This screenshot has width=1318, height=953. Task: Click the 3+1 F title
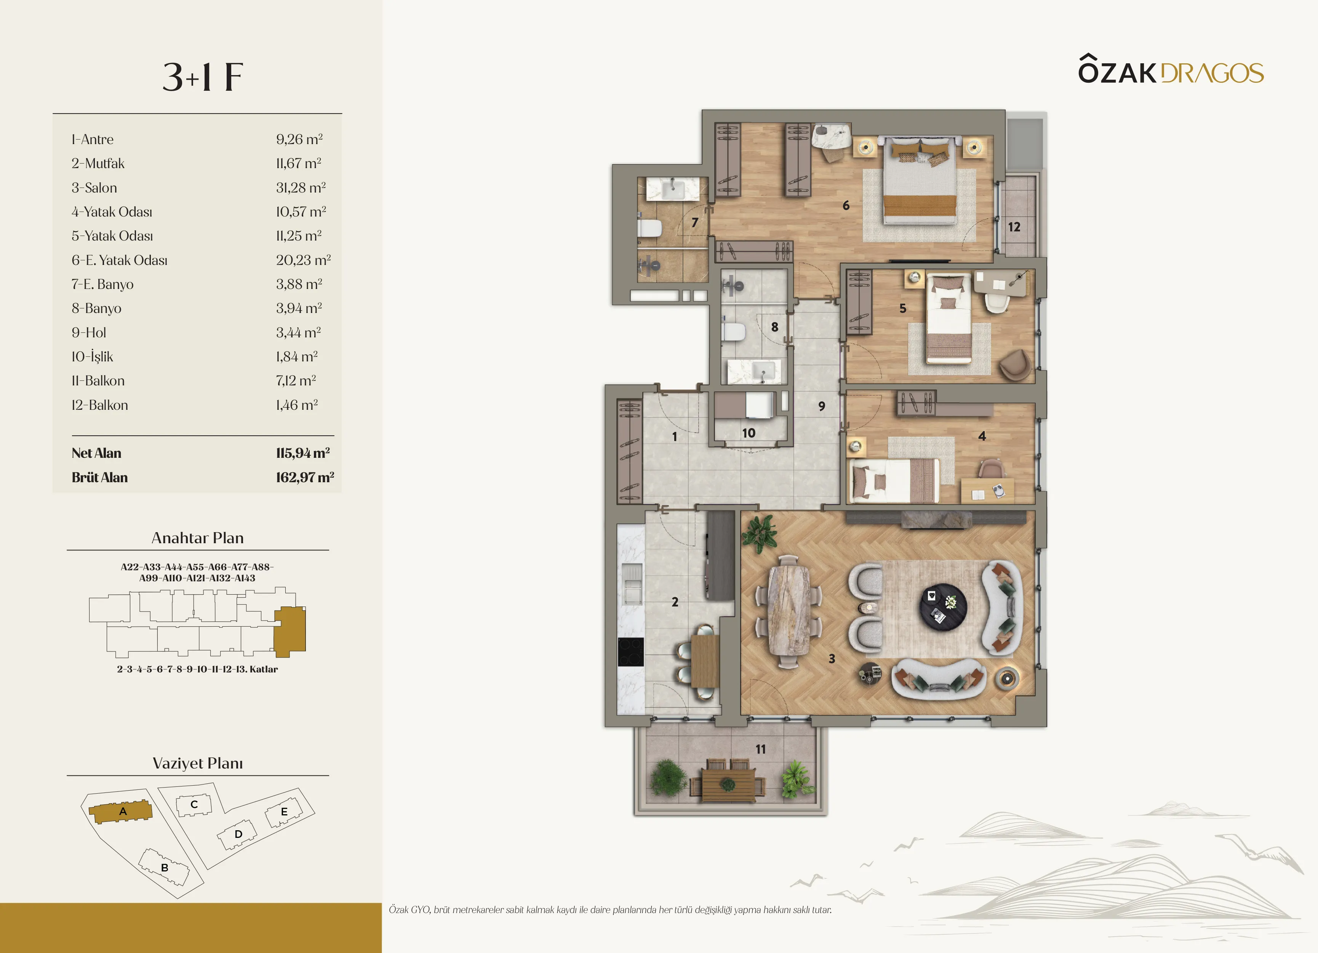pos(203,77)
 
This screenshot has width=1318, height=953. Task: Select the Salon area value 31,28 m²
pos(301,188)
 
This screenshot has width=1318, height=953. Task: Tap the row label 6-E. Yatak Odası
pos(120,260)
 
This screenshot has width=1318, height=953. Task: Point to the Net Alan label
pos(96,453)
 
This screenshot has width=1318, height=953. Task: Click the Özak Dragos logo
pos(1171,70)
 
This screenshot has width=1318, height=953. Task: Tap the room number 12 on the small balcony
pos(1014,227)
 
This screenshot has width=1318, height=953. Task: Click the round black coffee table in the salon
pos(943,607)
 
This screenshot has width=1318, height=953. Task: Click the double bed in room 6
pos(920,181)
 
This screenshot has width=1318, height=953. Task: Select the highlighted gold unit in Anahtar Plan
pos(290,629)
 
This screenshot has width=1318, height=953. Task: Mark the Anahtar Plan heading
pos(198,538)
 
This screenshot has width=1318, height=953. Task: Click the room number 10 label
pos(749,433)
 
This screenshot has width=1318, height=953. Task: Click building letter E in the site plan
pos(284,812)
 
